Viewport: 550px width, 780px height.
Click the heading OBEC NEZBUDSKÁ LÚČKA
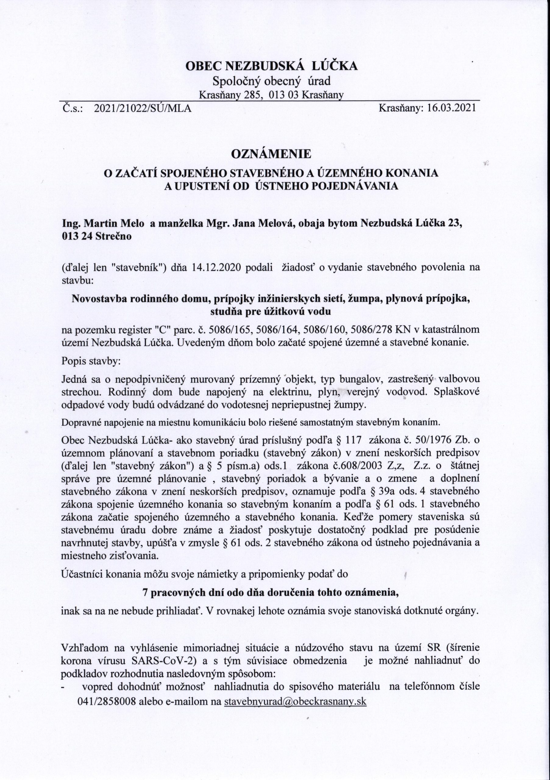pos(271,66)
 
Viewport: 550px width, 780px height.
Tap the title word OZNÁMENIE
pos(271,154)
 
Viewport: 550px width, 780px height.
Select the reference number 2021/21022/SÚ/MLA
pos(142,108)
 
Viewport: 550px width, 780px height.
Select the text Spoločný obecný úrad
pos(271,81)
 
